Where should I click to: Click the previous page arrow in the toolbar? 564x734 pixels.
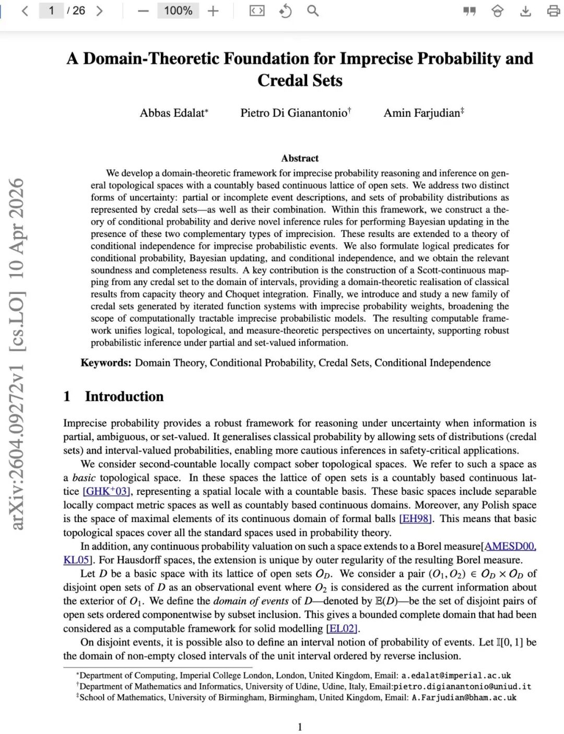point(25,10)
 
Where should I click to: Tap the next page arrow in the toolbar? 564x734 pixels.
point(99,10)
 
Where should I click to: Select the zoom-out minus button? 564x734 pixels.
point(143,11)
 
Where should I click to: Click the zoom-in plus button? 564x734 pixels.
point(213,11)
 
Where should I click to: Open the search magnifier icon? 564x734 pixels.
point(312,10)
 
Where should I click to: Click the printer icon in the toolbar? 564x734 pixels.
point(553,11)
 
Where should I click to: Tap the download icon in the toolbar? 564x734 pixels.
point(525,11)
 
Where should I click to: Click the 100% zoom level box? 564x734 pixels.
point(178,10)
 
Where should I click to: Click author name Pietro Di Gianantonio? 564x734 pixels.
point(293,113)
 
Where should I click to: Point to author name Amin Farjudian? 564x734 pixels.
point(421,113)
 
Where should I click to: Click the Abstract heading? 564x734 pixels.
point(300,158)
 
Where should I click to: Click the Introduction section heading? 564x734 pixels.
point(124,396)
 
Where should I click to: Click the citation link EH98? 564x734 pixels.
point(416,518)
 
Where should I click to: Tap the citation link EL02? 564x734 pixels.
point(343,629)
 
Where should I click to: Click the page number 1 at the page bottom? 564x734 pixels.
point(300,727)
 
